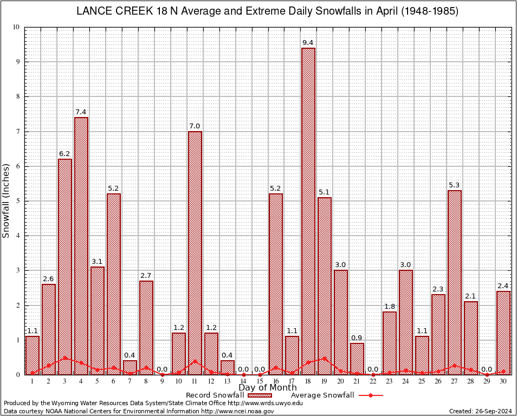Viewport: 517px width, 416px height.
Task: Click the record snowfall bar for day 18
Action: click(x=308, y=211)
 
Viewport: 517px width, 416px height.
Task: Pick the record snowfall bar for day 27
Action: click(x=455, y=282)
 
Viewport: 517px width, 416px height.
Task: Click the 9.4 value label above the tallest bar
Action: click(x=308, y=42)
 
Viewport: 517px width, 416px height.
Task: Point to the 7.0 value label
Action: click(x=195, y=126)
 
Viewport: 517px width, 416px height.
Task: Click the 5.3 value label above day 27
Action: click(x=455, y=185)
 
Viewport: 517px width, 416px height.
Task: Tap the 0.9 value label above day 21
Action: click(x=357, y=338)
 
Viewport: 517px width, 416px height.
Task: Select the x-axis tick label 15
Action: click(x=260, y=381)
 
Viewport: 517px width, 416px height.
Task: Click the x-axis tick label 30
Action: click(x=503, y=381)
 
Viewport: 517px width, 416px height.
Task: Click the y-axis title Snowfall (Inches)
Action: click(x=7, y=200)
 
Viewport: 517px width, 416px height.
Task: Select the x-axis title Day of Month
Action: click(x=268, y=388)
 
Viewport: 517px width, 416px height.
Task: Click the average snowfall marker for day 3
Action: click(x=65, y=357)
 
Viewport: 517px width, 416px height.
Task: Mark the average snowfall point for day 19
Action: click(x=325, y=358)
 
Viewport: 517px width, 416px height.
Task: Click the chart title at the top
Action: click(x=267, y=11)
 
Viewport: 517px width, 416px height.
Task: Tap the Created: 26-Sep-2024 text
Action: click(x=480, y=412)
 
